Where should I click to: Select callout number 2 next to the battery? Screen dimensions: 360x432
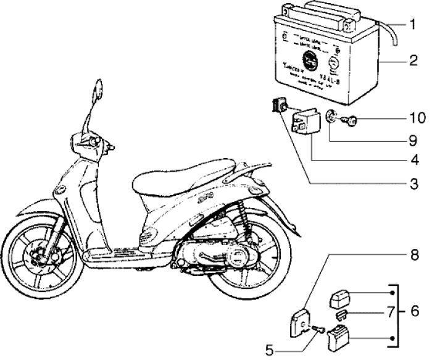411,62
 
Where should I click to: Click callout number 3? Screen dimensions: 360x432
411,184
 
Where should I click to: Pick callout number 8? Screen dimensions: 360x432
411,254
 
